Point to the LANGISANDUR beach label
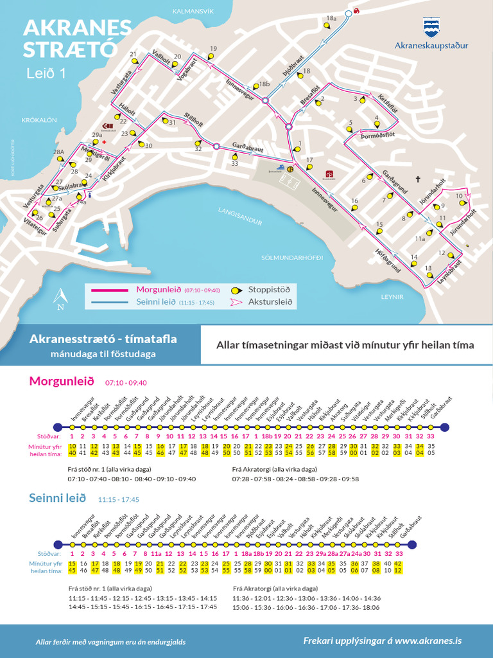(x=239, y=216)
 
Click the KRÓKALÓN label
(x=39, y=120)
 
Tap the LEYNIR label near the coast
(x=392, y=297)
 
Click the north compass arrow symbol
(x=61, y=298)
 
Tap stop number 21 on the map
(x=134, y=55)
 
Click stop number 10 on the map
(x=460, y=196)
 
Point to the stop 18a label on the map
(x=331, y=19)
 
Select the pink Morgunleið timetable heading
(x=62, y=382)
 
